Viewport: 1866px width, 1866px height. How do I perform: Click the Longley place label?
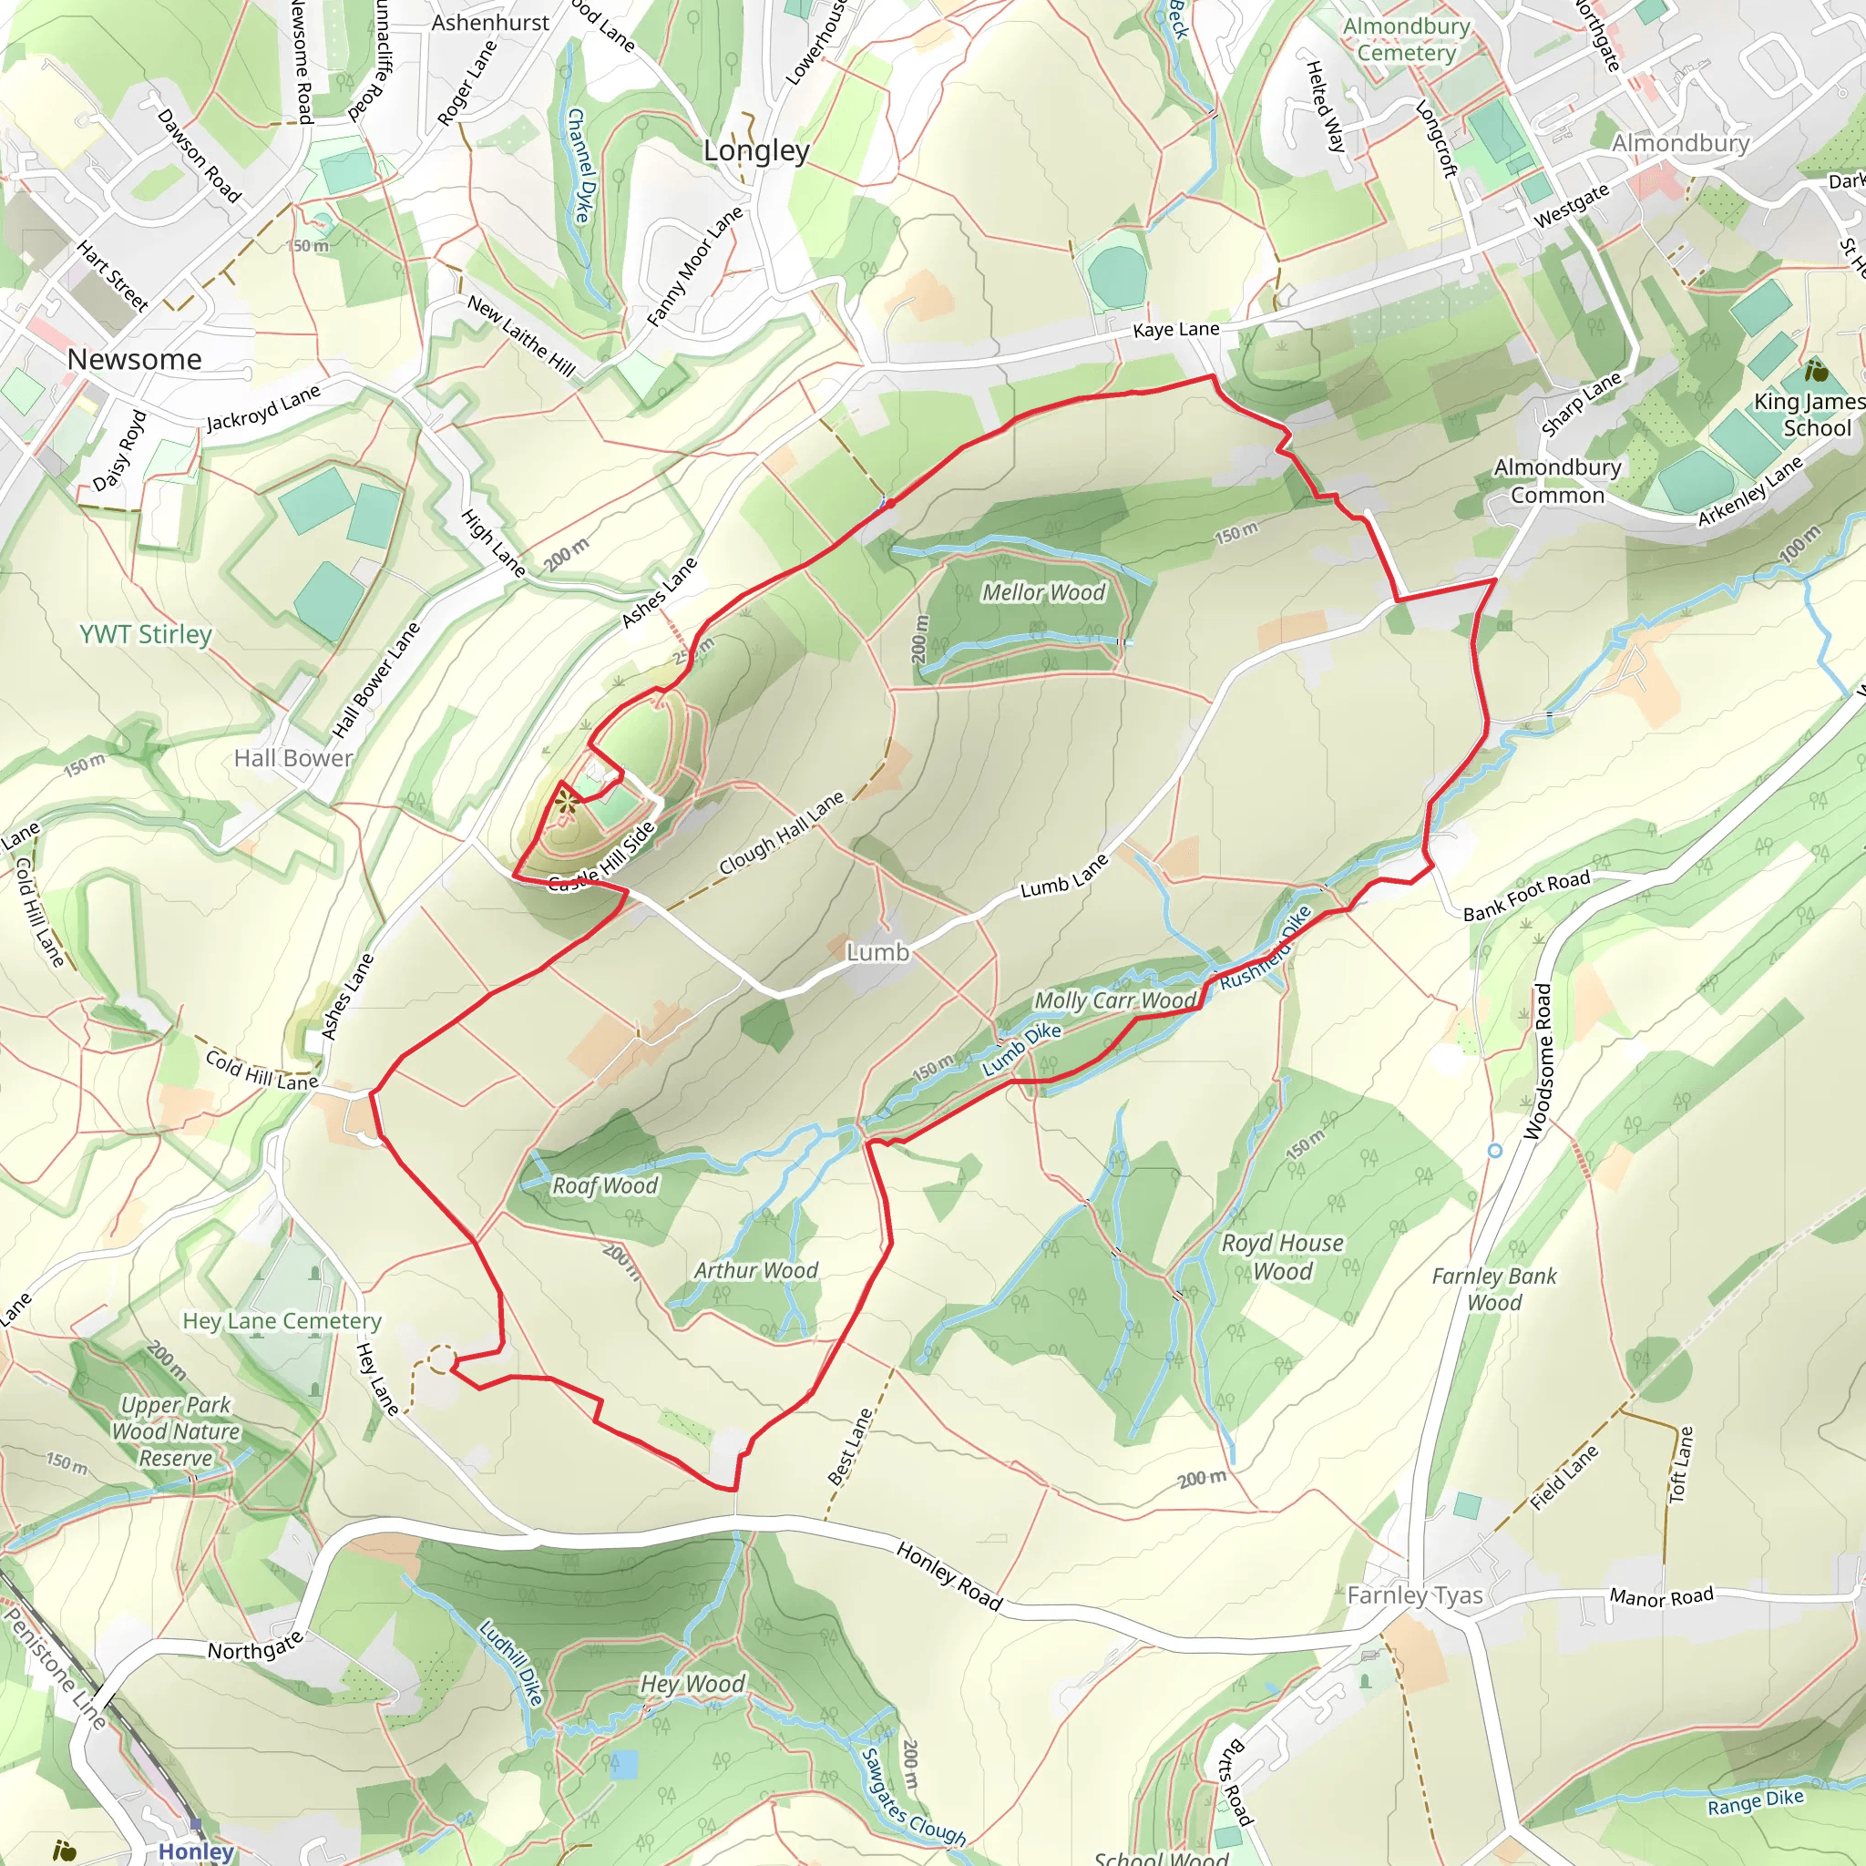756,150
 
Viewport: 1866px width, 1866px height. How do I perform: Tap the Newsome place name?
134,359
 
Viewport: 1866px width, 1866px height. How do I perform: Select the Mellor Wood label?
1043,592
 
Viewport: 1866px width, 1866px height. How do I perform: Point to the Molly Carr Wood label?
1114,1000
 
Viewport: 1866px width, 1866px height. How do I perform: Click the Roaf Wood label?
605,1185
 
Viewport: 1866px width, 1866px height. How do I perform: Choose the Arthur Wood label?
755,1270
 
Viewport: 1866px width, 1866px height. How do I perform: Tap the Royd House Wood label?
1282,1256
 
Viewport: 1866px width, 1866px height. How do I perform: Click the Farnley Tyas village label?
1414,1594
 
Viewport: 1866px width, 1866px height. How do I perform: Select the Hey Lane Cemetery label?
282,1320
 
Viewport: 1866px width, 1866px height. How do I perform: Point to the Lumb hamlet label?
877,952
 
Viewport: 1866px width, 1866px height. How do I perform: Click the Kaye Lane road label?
1175,329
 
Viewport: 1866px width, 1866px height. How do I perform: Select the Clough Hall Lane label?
782,833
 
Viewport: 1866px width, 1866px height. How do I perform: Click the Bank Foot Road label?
1526,897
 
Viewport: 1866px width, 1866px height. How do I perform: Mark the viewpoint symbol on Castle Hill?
567,804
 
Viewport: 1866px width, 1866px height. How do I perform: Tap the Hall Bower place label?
293,758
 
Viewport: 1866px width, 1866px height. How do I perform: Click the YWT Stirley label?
146,634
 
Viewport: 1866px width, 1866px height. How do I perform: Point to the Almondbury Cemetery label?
1406,39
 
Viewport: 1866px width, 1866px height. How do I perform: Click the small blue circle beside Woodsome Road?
1494,1151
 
